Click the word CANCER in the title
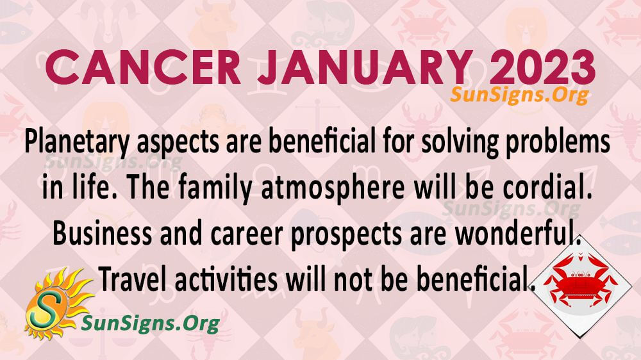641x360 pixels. click(143, 67)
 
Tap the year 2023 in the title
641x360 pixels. click(542, 67)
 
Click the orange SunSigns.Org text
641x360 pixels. click(520, 95)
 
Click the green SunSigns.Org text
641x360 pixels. click(151, 323)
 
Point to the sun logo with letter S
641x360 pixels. click(57, 304)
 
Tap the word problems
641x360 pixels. click(558, 142)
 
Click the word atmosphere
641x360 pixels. click(333, 188)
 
